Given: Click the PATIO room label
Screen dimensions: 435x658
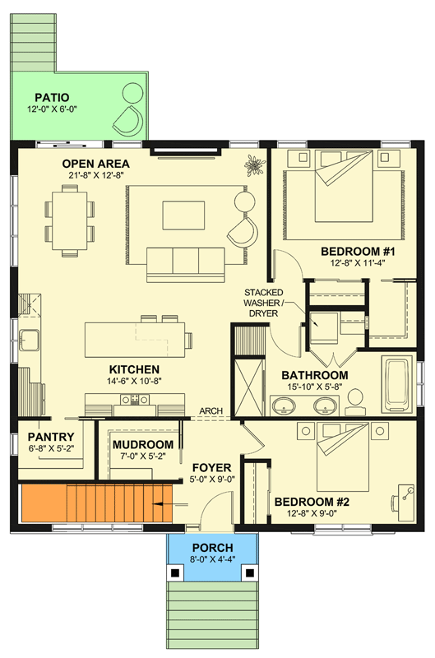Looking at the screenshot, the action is pos(52,98).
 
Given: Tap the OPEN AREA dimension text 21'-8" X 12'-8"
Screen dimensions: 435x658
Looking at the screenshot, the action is pos(95,175).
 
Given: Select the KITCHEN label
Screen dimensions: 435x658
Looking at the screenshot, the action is pos(134,369).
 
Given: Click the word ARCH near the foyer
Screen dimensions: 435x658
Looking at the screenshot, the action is pos(211,410).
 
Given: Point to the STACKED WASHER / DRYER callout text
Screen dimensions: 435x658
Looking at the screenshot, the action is pos(263,303).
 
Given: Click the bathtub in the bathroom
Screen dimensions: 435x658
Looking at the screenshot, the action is pos(398,384).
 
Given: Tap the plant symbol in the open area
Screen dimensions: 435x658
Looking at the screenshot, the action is pos(254,164).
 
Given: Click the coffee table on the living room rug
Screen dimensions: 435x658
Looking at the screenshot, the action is pos(183,215).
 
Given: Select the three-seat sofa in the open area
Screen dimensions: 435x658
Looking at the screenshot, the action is pos(185,264).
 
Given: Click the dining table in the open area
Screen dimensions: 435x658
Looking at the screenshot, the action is pos(69,220).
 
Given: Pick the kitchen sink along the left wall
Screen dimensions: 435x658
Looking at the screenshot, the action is pos(29,340).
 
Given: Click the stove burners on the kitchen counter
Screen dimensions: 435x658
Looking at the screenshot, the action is pos(135,399).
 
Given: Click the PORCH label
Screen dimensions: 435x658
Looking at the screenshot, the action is pos(213,548).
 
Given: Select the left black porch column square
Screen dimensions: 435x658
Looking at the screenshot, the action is pos(175,572).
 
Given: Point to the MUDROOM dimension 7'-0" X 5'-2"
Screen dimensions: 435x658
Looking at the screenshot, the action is pos(143,456).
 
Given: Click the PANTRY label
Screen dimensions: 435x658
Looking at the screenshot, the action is pos(51,437).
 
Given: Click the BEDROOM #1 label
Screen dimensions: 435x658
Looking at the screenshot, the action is pos(358,252).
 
